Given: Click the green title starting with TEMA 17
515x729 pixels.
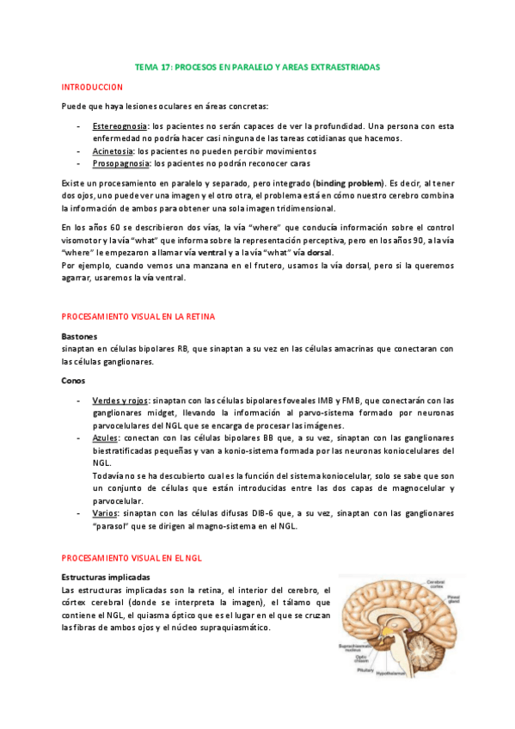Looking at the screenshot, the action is (x=257, y=66).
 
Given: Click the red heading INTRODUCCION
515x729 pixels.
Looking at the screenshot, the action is (x=93, y=88).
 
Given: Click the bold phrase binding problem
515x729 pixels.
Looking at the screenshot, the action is (x=349, y=183).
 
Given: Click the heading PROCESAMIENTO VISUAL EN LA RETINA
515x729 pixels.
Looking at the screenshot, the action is (x=138, y=317).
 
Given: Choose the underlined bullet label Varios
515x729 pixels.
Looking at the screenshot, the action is (x=104, y=513).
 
